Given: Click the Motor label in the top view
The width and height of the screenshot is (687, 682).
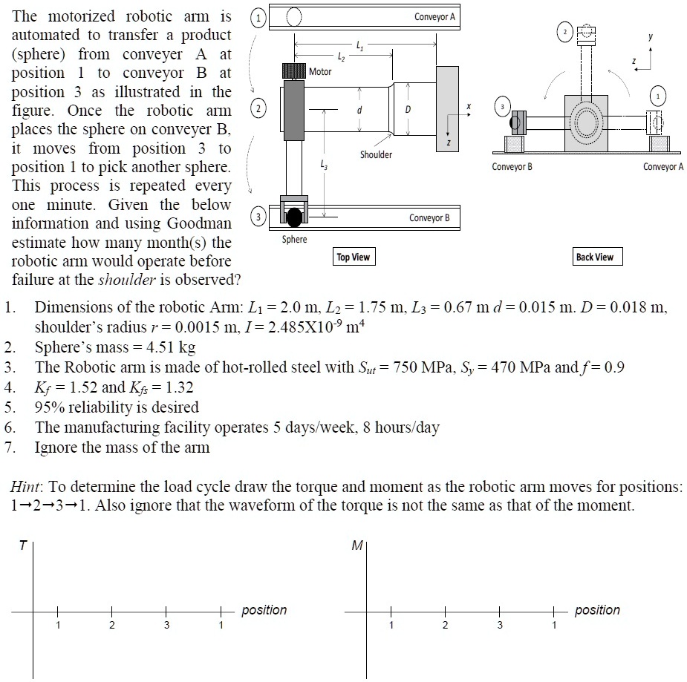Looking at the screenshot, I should [x=320, y=72].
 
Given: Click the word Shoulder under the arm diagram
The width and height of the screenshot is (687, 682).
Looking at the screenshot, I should [x=377, y=154].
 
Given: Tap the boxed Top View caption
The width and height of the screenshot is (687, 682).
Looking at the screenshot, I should [x=353, y=257].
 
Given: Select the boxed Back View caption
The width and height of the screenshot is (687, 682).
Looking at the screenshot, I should [x=595, y=257].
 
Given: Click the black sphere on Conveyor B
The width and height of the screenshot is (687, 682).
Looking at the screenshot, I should [x=295, y=217].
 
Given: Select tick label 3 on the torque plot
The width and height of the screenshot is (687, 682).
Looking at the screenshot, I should [x=166, y=625].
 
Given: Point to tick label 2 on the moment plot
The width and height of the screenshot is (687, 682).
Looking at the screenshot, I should [x=444, y=625].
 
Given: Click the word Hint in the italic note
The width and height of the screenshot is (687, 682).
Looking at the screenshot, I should [x=26, y=487].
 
